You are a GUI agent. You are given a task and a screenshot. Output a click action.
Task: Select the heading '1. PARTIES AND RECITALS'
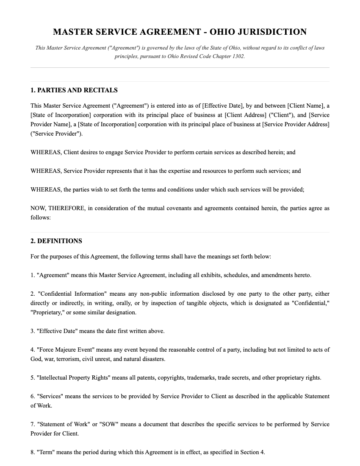click(74, 90)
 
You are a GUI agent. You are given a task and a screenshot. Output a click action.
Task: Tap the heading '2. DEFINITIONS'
click(56, 241)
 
